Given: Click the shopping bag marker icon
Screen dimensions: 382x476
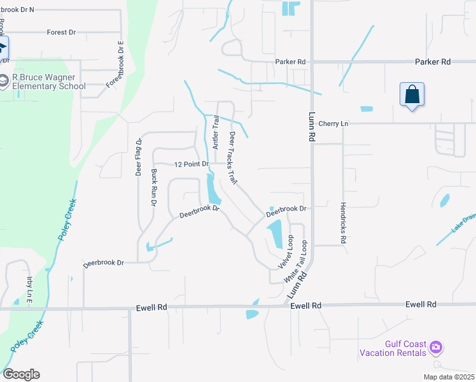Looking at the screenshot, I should tap(412, 94).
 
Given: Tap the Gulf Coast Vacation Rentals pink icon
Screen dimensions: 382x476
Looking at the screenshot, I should tap(436, 348).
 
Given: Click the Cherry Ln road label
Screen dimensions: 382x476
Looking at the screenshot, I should tap(334, 124).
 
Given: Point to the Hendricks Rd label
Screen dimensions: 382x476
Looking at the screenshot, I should tap(343, 224).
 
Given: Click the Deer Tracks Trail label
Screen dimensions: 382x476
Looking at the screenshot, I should tap(233, 159).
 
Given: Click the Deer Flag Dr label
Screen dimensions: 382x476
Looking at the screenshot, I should tap(138, 157).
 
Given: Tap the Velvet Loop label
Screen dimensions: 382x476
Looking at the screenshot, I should tap(285, 251).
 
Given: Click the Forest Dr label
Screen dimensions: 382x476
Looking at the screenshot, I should tap(61, 32).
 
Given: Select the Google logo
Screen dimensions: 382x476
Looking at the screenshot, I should tap(21, 374).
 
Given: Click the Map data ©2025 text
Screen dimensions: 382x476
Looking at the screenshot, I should tap(448, 377).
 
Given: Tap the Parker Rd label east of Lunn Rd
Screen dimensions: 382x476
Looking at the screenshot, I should tap(433, 62).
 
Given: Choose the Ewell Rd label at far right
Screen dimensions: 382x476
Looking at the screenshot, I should tap(422, 305).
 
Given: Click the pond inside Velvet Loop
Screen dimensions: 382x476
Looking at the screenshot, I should tap(274, 234).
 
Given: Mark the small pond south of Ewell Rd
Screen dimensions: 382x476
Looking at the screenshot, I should tap(253, 313).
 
